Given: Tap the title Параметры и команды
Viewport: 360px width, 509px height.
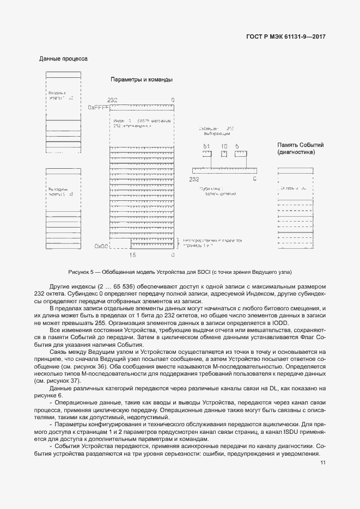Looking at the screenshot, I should point(142,79).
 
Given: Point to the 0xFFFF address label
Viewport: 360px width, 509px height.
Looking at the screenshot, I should point(99,108).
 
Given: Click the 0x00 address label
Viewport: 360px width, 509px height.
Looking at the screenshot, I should point(101,246).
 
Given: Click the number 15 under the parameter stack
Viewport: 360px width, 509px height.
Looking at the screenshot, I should point(132,255).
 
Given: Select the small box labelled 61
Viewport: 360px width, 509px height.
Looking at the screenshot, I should point(207,154).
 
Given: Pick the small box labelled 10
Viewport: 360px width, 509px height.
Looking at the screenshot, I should point(224,154).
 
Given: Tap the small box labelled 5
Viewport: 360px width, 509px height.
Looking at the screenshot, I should point(241,154).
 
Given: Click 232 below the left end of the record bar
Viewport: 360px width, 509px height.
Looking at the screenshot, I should point(194,179).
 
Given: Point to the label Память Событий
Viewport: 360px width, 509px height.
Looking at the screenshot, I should point(301,145).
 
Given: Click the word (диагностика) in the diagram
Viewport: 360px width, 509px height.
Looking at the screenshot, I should point(296,152).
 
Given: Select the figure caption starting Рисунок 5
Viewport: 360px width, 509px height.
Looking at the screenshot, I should point(180,271).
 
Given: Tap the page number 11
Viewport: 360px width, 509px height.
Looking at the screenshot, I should point(323,463).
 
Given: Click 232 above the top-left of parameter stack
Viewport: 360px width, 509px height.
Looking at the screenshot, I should point(113,100).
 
